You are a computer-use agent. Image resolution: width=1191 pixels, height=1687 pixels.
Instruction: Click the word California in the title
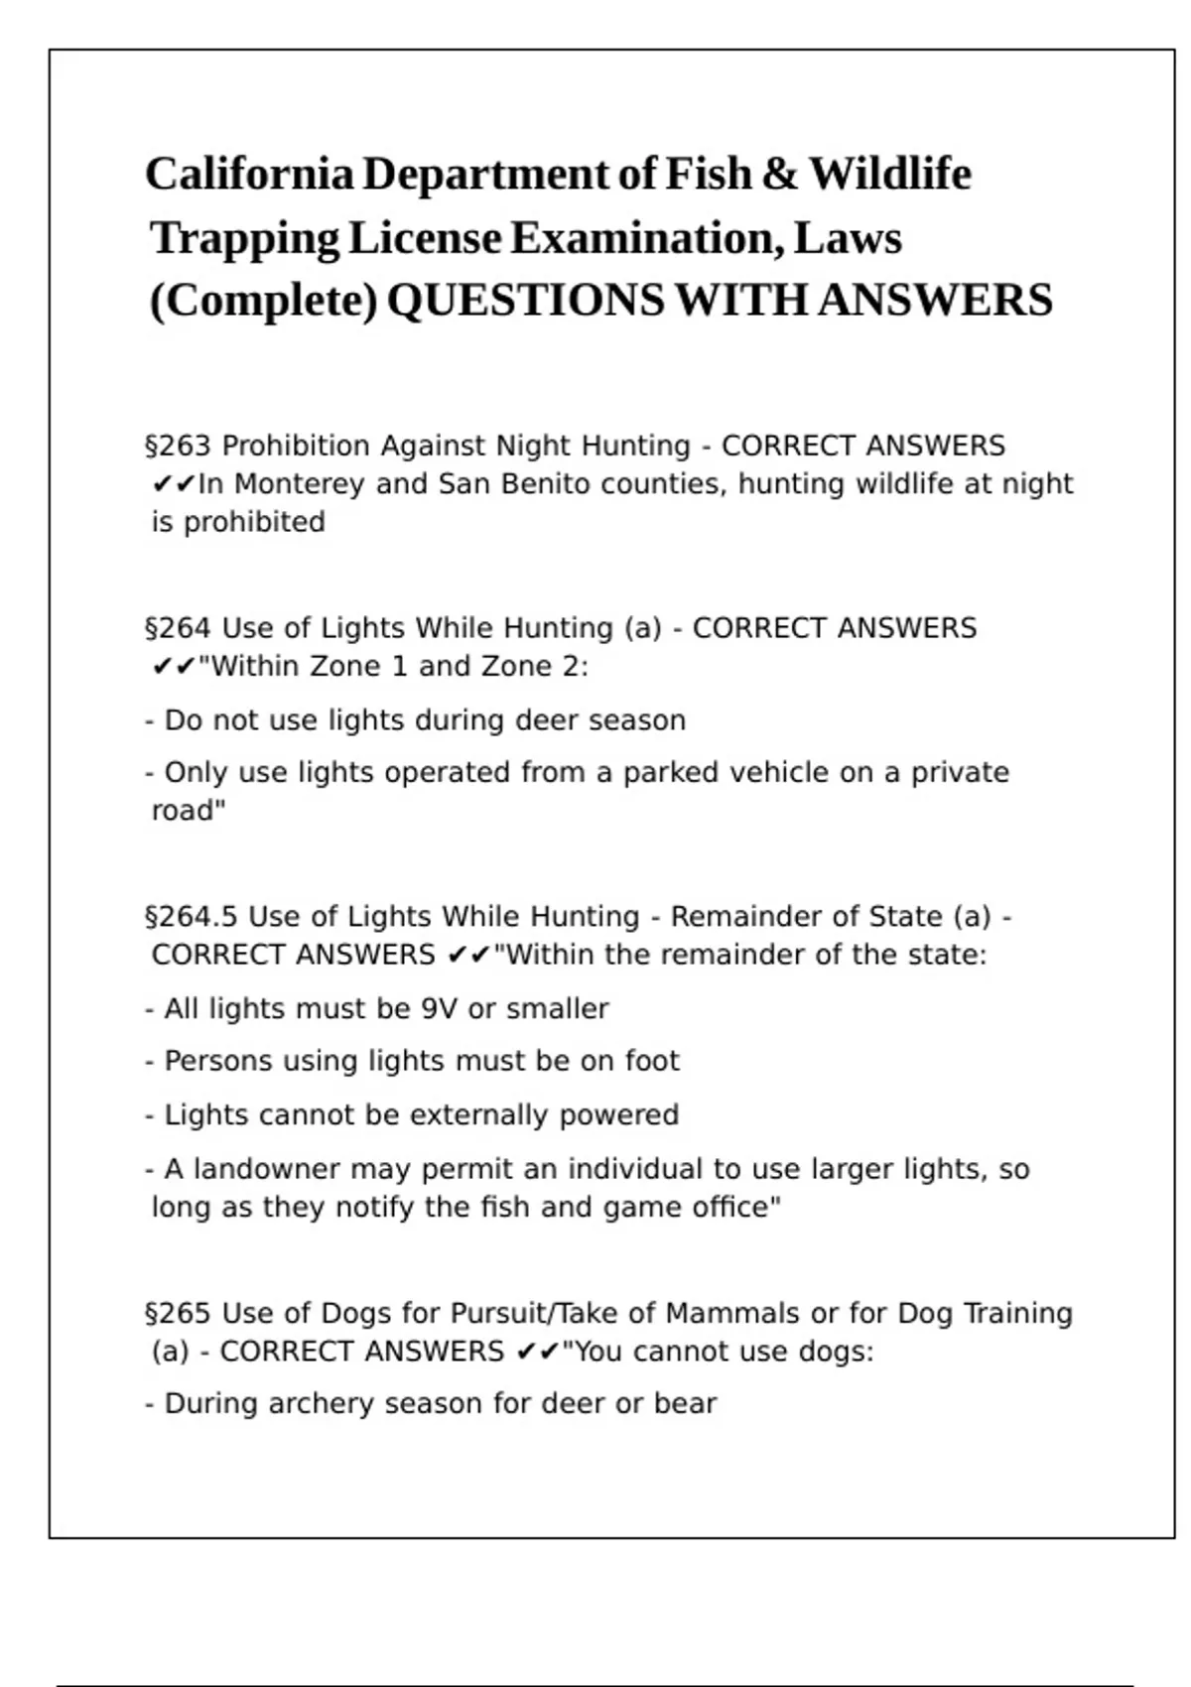point(249,175)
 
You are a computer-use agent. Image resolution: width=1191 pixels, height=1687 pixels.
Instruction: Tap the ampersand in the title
point(780,175)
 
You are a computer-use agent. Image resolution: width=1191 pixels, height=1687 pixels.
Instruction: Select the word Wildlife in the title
point(890,175)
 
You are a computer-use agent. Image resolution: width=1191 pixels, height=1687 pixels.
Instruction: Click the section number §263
point(178,447)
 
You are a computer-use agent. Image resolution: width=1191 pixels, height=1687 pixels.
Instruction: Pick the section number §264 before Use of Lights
point(178,629)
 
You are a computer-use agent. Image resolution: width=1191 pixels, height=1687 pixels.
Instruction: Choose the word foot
point(652,1062)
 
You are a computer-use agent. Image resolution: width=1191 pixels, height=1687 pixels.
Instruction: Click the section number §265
point(178,1314)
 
